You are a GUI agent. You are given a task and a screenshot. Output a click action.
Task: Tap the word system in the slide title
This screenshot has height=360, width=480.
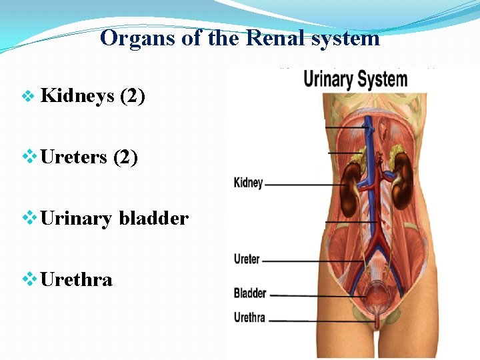347,38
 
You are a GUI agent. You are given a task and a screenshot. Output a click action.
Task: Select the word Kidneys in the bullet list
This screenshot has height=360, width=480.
77,96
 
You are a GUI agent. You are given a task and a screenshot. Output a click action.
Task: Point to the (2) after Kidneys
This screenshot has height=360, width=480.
132,96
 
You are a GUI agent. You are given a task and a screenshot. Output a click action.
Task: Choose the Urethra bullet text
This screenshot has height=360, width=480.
76,279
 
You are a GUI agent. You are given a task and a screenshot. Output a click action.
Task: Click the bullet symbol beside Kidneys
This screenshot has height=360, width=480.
28,97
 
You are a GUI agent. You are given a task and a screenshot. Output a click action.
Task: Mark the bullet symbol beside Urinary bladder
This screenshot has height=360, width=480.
28,218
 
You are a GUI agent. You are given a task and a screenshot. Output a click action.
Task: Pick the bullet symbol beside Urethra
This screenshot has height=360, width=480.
28,279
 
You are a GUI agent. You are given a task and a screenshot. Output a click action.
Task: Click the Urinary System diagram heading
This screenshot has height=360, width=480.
355,80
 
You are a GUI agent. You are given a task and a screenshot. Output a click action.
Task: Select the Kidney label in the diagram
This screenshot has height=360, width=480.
249,183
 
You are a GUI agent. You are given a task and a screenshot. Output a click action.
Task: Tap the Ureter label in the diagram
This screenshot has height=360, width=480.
247,259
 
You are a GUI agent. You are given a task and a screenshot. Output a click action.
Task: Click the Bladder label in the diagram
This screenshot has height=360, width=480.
250,293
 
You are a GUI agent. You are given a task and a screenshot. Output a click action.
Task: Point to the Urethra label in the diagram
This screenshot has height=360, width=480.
250,317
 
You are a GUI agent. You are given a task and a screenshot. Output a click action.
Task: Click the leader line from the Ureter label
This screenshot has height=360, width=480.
307,260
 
